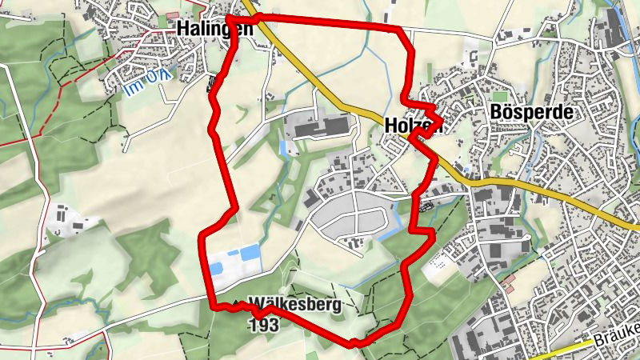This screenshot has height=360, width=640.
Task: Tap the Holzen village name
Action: pos(414,126)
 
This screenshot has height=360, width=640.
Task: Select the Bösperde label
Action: pos(530,113)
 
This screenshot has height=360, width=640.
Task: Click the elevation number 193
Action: pos(263,325)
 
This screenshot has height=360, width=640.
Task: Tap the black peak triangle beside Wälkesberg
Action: pos(238,305)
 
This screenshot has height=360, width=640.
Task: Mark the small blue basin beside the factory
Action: pos(282,149)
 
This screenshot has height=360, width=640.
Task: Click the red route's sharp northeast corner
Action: pos(400,30)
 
